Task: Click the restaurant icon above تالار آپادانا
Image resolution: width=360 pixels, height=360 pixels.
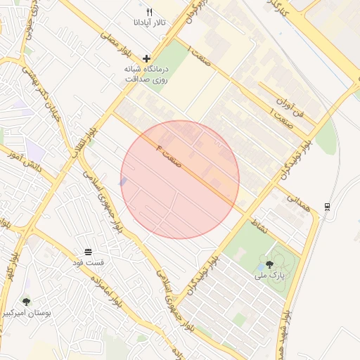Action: coord(149,13)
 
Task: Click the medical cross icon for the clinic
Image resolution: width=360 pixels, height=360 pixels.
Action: coord(146,58)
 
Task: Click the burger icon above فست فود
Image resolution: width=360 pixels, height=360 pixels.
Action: coord(87,251)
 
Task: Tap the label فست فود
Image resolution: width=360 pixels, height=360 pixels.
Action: coord(88,262)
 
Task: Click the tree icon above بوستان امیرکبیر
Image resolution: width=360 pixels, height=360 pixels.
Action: coord(27,301)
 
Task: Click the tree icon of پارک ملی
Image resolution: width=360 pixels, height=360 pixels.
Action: coord(270,265)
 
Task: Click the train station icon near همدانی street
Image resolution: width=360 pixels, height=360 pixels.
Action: coord(327,206)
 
